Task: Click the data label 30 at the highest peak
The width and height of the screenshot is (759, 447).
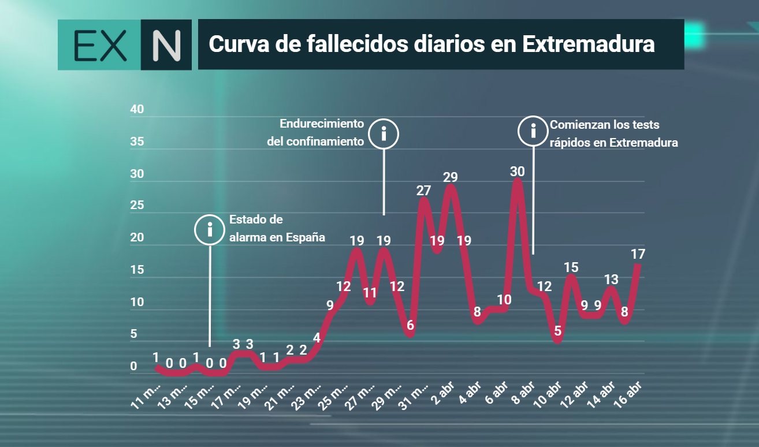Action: pos(517,172)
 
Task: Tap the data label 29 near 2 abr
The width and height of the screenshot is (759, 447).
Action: pos(451,177)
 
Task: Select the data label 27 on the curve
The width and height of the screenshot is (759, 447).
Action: pos(423,191)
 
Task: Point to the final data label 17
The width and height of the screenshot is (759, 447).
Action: pos(638,254)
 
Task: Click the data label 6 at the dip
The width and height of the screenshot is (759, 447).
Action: pos(410,325)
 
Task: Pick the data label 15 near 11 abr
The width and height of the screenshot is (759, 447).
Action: pos(571,267)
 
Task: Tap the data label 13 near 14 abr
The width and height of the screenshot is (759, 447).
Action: pos(611,280)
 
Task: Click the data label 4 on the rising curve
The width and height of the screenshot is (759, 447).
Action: pos(317,338)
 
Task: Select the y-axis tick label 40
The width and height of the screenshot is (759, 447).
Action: pos(137,109)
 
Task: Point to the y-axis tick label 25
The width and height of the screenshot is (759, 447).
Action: pos(137,205)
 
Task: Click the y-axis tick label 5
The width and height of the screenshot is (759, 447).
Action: pos(133,334)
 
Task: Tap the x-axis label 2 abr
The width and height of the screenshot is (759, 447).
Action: pos(442,393)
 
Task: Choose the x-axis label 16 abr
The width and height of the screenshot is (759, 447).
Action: pos(628,394)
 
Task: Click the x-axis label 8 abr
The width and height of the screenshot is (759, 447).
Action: pos(523,393)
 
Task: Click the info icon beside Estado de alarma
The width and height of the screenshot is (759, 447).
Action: pos(210,230)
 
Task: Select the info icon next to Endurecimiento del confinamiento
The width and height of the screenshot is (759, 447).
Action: pos(384,134)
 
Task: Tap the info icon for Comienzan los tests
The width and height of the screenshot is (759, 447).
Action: pos(533,131)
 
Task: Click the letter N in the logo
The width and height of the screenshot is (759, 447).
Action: pos(166,46)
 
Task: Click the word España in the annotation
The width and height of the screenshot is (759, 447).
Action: pos(306,237)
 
